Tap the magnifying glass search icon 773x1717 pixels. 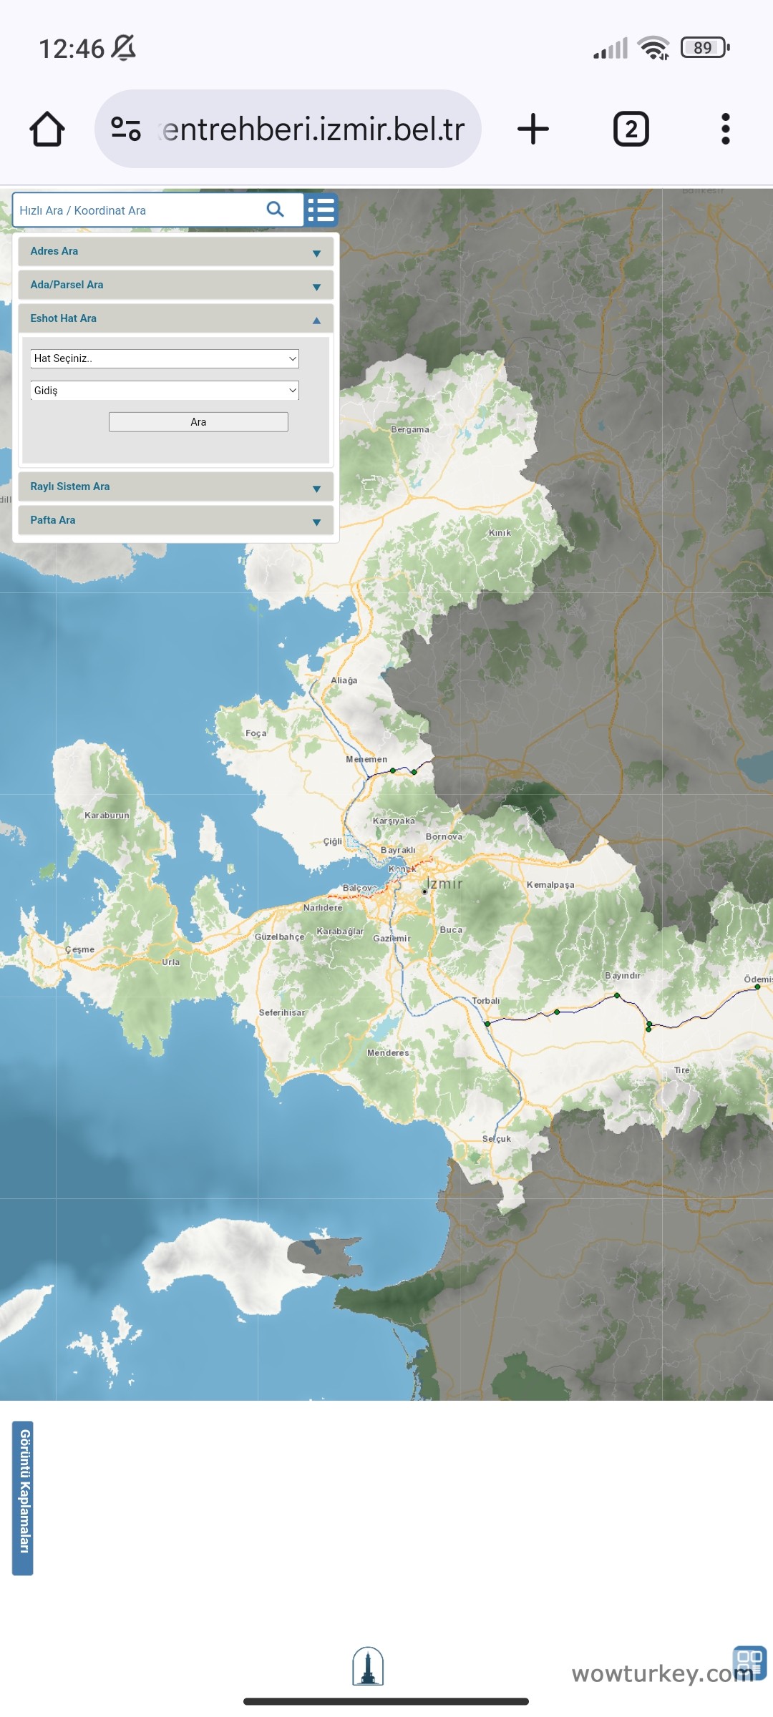[x=276, y=209]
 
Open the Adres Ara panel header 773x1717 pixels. [x=175, y=251]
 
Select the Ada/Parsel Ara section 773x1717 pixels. [x=175, y=285]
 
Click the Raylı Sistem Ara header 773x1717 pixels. [x=175, y=486]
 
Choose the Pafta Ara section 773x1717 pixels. [x=175, y=520]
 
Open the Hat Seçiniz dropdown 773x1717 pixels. [x=165, y=358]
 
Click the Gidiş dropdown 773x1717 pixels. [x=165, y=391]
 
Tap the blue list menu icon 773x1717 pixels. [x=321, y=210]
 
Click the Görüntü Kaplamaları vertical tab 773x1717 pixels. [x=23, y=1498]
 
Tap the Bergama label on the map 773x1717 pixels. [x=410, y=429]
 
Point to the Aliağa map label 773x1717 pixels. [x=344, y=680]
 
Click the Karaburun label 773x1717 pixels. [x=107, y=815]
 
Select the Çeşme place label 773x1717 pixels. [x=79, y=949]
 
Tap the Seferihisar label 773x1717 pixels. [x=281, y=1012]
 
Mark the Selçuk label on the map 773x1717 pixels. [x=496, y=1138]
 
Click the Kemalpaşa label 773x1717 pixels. [x=550, y=885]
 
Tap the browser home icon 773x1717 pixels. [x=47, y=129]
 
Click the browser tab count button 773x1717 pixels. [x=631, y=129]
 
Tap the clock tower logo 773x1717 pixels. [x=368, y=1666]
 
